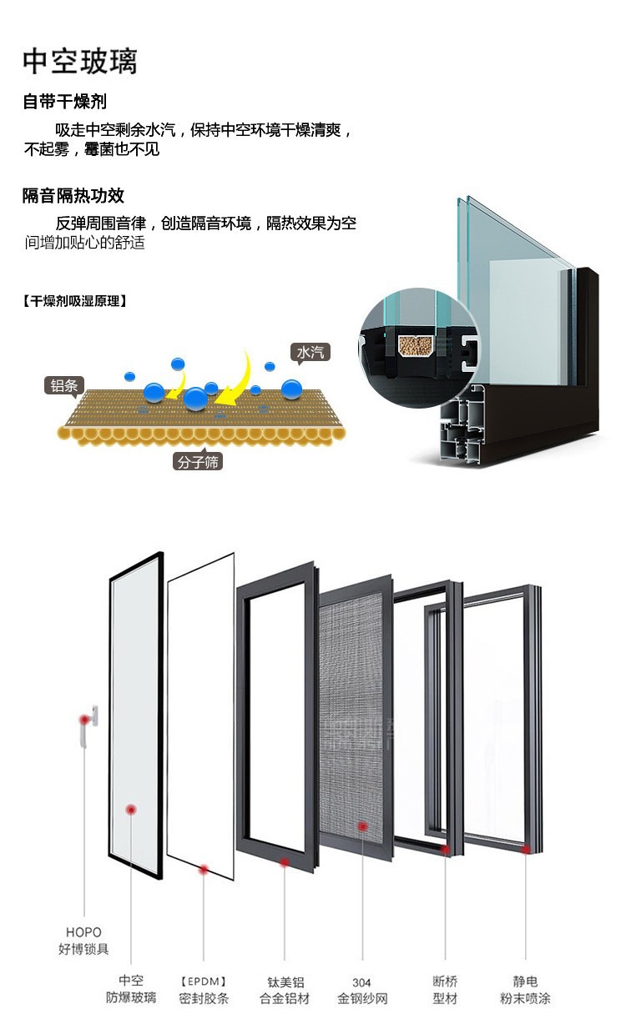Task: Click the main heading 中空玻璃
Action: pos(80,62)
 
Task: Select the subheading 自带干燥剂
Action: pos(64,102)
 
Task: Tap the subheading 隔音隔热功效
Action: pos(73,196)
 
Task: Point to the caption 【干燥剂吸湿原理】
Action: pos(75,301)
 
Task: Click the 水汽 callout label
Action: pos(310,353)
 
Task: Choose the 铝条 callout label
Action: pos(64,385)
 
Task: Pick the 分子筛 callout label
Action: pos(198,461)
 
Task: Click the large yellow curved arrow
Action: pos(236,381)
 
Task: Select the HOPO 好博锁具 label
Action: pos(83,941)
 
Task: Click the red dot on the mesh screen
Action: pos(363,826)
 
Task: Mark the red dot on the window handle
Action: pos(84,720)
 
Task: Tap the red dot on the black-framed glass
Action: pos(131,809)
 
